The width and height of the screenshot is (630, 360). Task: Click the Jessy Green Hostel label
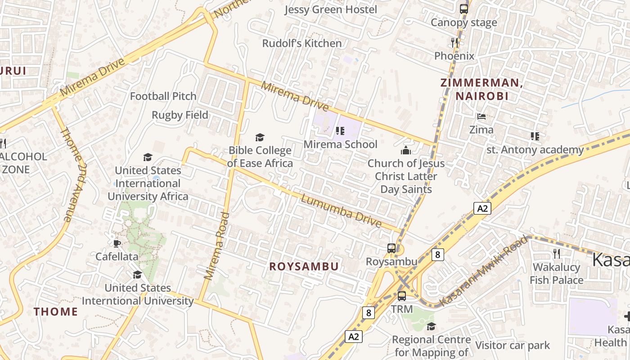coord(331,9)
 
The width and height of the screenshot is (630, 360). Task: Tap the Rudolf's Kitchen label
coord(302,43)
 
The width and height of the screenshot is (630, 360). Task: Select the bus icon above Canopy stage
coord(463,9)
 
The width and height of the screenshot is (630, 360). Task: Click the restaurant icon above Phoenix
coord(454,43)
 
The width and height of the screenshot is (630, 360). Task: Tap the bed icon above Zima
coord(481,117)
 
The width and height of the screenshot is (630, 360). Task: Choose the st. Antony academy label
coord(535,149)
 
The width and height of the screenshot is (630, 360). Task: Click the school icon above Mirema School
coord(340,131)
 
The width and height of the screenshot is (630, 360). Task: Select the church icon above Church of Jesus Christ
coord(406,150)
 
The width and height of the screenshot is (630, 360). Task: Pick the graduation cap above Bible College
coord(260,137)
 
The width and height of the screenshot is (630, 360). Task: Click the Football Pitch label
coord(163,96)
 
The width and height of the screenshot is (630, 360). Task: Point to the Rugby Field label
coord(180,115)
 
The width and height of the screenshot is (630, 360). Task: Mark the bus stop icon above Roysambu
coord(391,248)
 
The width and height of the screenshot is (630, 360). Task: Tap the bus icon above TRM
coord(402,296)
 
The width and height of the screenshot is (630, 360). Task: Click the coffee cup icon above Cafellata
coord(117,243)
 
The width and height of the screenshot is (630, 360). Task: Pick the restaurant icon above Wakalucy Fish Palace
coord(557,254)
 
